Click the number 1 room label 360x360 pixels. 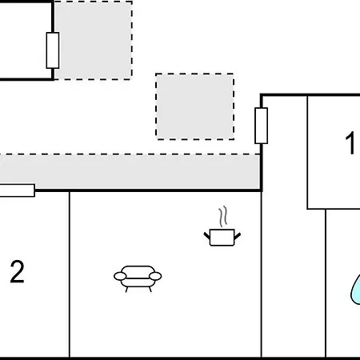click(350, 142)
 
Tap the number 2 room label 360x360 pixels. click(18, 271)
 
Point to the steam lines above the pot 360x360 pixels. click(223, 217)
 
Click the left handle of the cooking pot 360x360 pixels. click(207, 236)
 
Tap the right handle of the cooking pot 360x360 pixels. click(238, 236)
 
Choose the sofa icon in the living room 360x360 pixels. click(138, 278)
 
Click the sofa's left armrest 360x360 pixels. click(120, 276)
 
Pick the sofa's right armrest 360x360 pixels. click(155, 276)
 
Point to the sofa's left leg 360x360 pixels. click(126, 290)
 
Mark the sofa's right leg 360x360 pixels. click(150, 290)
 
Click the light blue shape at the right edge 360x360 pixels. click(355, 290)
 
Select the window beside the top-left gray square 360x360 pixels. click(53, 50)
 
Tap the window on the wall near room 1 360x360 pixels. click(262, 126)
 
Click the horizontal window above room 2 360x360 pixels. click(17, 190)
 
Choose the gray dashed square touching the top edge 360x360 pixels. click(93, 40)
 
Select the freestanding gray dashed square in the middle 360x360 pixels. click(195, 106)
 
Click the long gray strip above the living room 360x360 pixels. click(130, 171)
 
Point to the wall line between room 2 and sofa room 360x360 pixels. click(70, 274)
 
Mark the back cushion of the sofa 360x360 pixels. click(138, 272)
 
